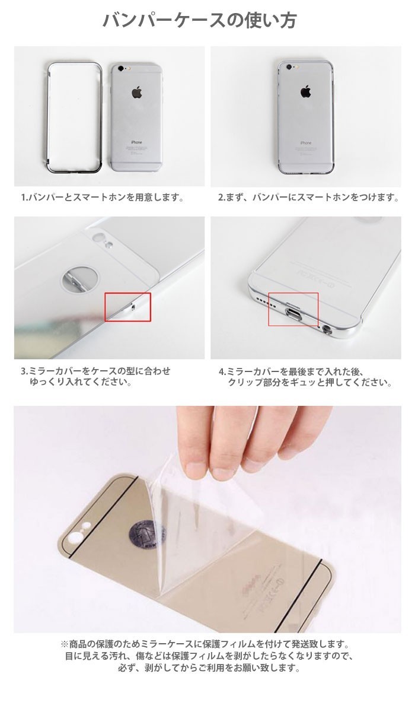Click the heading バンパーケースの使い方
(x=200, y=21)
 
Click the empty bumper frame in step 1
(x=49, y=118)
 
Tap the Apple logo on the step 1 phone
(x=137, y=92)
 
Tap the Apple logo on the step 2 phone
(x=305, y=92)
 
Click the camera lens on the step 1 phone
(x=120, y=69)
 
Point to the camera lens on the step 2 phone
(x=289, y=68)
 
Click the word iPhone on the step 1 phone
(x=136, y=142)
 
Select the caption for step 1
(x=102, y=198)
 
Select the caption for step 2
(x=308, y=198)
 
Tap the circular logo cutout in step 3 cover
(x=79, y=279)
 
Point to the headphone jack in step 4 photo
(x=327, y=330)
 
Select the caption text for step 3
(x=96, y=376)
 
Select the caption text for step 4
(x=305, y=377)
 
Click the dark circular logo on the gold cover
(x=146, y=534)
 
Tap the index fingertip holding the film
(x=197, y=470)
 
